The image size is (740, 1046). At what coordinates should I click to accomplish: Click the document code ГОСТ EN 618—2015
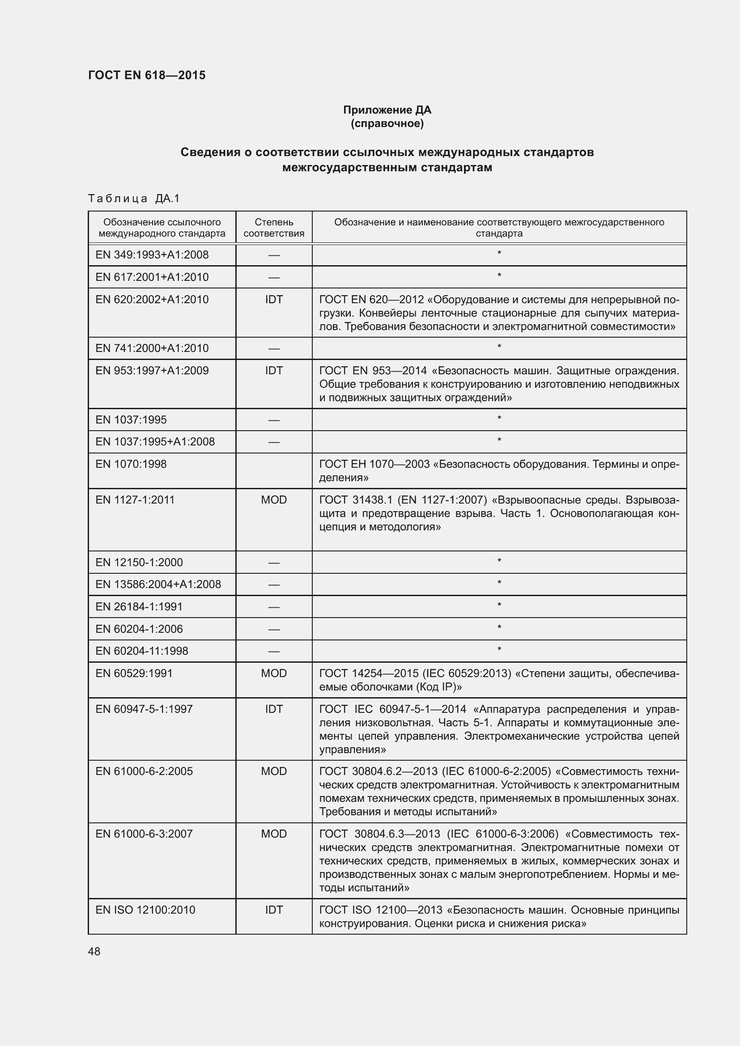tap(147, 75)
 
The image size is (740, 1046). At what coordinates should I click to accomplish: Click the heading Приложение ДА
tap(387, 110)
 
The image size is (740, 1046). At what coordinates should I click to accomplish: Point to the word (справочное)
tap(387, 123)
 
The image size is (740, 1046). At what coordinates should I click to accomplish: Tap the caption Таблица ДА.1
tap(134, 198)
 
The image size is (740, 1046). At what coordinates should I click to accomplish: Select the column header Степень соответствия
tap(273, 228)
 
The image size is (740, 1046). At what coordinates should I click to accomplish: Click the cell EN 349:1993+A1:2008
tap(152, 254)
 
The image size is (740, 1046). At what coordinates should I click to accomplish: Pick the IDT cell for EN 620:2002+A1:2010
tap(273, 299)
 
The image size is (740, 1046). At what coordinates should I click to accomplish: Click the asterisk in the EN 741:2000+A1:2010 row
tap(499, 347)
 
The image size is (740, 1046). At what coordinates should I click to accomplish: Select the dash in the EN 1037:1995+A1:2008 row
tap(273, 442)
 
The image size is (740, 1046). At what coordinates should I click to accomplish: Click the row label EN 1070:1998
tap(131, 464)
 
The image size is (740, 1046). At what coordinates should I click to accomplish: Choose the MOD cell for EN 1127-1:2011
tap(273, 500)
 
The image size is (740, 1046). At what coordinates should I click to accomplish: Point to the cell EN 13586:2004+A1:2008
tap(157, 584)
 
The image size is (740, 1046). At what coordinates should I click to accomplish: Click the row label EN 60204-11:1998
tap(141, 651)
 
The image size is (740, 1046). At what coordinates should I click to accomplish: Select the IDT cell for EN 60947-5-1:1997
tap(273, 709)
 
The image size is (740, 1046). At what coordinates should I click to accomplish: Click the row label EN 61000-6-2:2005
tap(144, 771)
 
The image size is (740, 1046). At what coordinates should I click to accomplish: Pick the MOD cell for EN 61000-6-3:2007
tap(273, 834)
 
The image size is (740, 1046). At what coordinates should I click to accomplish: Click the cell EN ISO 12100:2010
tap(145, 910)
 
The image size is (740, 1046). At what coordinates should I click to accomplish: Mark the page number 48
tap(94, 951)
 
